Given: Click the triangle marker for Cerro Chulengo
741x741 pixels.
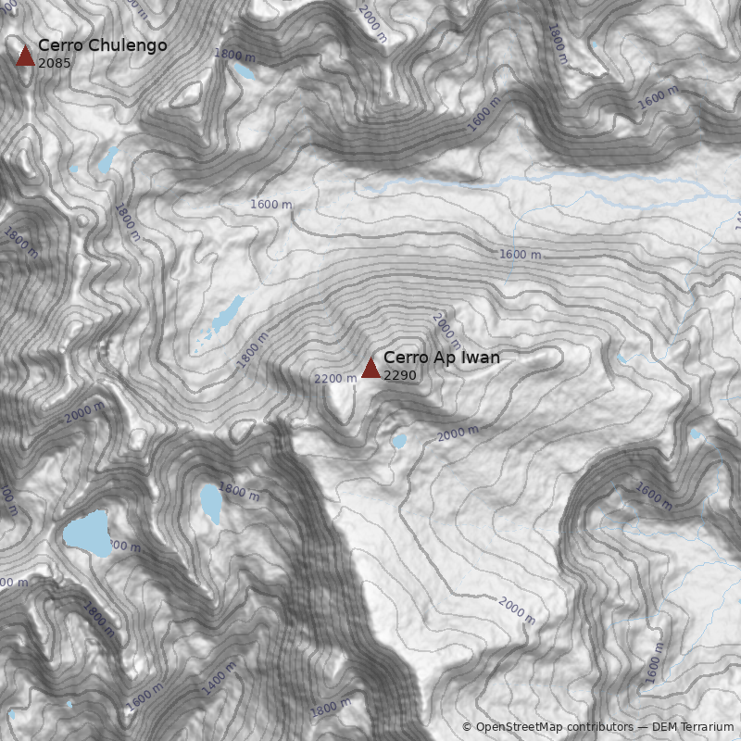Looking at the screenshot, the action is (25, 56).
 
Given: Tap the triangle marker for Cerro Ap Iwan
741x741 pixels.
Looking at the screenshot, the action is (370, 368).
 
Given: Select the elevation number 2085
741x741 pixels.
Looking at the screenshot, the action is (55, 63).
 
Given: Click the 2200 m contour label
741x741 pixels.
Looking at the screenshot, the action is (335, 378).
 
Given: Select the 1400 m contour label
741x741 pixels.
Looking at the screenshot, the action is (220, 677).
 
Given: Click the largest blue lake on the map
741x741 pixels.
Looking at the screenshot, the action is (85, 534).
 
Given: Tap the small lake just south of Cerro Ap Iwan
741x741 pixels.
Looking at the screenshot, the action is (398, 442).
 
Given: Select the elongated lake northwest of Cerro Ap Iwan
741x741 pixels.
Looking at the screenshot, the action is (226, 316).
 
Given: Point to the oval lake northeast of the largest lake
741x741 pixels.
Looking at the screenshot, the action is (211, 502).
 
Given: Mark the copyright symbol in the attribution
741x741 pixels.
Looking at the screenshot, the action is (467, 727).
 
